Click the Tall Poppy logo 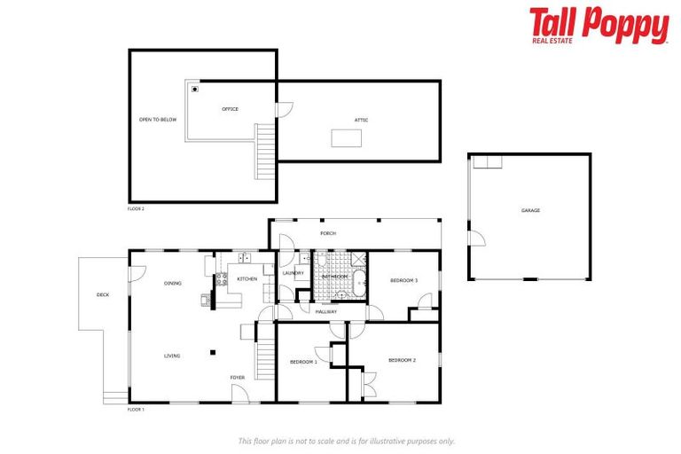tap(599, 26)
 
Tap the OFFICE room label tap(230, 109)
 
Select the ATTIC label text tap(361, 120)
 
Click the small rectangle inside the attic tap(347, 137)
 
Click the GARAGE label tap(530, 210)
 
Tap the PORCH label tap(329, 233)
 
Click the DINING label tap(173, 283)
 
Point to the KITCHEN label tap(247, 279)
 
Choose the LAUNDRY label tap(294, 273)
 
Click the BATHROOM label tap(335, 277)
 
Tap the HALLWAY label tap(326, 311)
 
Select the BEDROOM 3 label tap(403, 280)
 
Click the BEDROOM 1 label tap(302, 361)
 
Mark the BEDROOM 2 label tap(402, 360)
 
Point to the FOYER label tap(238, 378)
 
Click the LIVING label tap(172, 356)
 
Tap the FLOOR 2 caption tap(136, 208)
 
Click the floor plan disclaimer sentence tap(346, 441)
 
